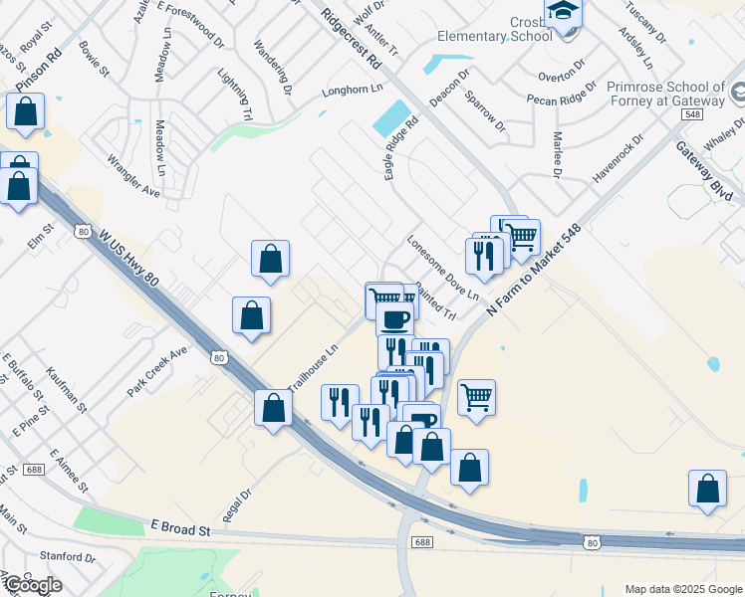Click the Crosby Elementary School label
(494, 29)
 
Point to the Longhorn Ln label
(352, 90)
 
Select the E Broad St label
(181, 527)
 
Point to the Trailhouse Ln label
(314, 368)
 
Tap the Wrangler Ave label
(132, 174)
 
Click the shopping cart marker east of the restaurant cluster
(477, 397)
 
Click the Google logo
(33, 584)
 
